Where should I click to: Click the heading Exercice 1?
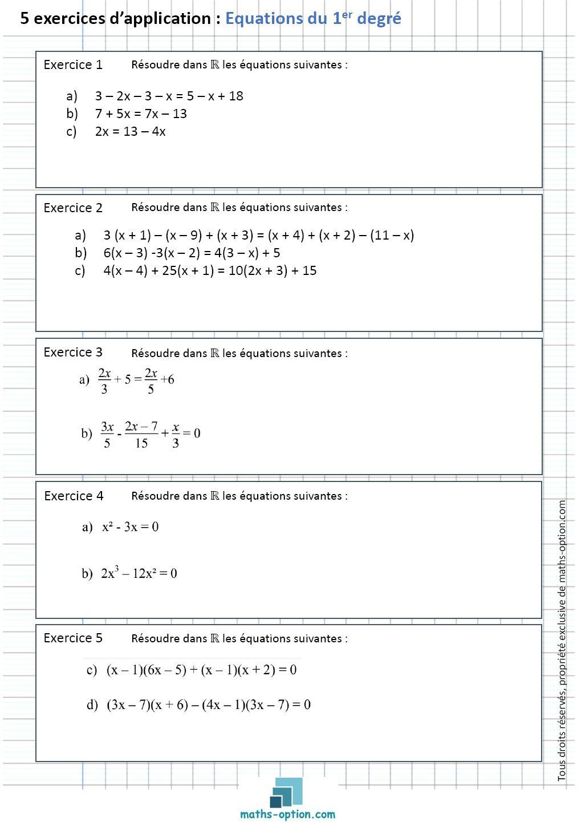[73, 65]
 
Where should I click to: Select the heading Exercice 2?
[73, 208]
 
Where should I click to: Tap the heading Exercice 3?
[73, 353]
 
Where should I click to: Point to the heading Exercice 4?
[74, 496]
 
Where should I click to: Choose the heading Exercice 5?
[73, 638]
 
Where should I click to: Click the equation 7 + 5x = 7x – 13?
[141, 114]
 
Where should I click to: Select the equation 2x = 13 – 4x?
[130, 132]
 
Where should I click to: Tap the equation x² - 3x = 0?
[130, 527]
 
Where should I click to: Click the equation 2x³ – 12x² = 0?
[139, 573]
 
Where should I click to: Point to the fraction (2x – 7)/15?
[141, 435]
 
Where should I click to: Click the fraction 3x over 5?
[107, 435]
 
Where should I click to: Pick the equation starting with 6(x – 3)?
[192, 253]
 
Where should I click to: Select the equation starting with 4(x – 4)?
[210, 271]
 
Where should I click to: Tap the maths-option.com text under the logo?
[287, 815]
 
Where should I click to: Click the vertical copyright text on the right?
[562, 640]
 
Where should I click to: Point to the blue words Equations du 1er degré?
[313, 19]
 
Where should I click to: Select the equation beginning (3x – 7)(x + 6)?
[209, 705]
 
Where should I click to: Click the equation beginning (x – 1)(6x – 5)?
[201, 670]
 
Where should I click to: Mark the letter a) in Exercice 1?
[72, 96]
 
